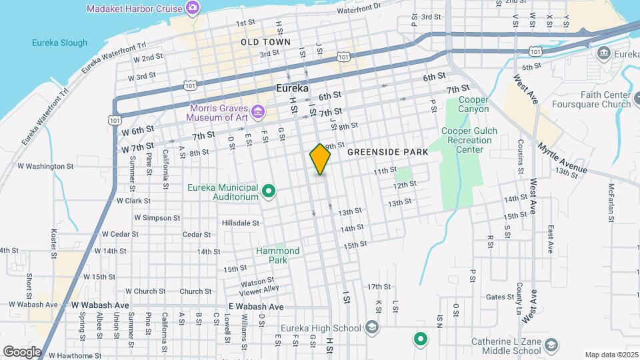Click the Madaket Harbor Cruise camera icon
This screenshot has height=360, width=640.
(193, 8)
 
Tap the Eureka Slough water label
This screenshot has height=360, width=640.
(59, 43)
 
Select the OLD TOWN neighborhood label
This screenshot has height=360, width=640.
(266, 42)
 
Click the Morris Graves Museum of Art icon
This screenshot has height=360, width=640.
(257, 109)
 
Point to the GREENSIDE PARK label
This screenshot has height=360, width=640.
(387, 153)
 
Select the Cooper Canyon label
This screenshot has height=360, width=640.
(473, 105)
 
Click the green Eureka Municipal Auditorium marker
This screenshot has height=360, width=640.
(269, 193)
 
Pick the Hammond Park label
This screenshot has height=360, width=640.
(278, 255)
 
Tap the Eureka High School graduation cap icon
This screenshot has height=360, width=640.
(371, 327)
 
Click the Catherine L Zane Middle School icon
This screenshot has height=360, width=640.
(551, 345)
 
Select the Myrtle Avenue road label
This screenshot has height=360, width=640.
(562, 158)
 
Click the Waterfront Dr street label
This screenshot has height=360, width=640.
(358, 9)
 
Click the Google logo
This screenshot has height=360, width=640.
(22, 351)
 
